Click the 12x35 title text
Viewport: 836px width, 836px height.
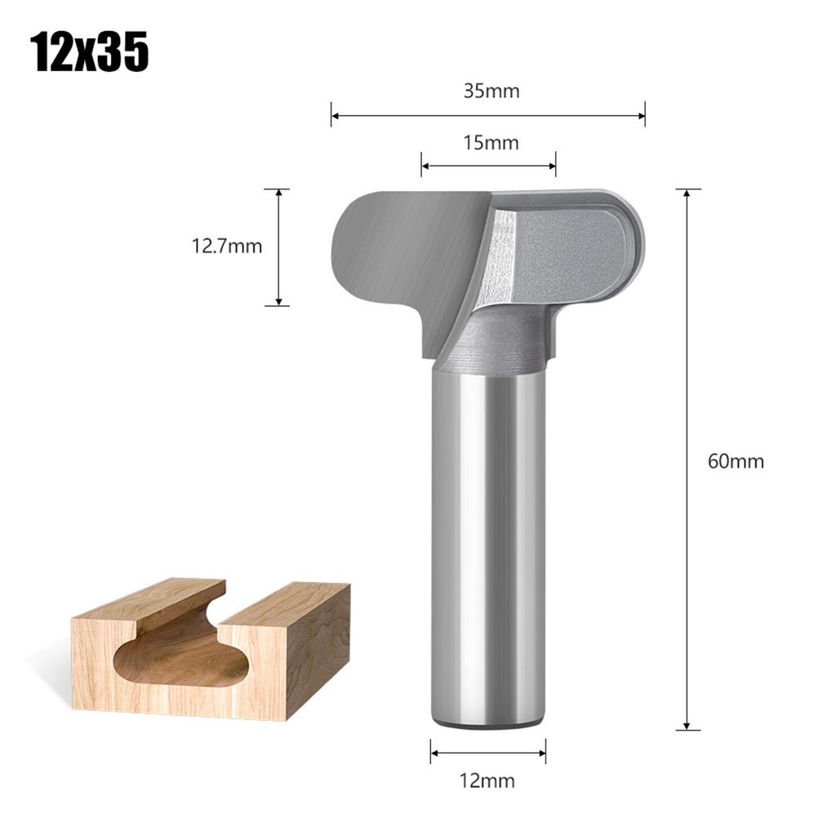[90, 53]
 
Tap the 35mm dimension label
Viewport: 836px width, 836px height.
[491, 91]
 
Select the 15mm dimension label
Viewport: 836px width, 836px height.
[491, 143]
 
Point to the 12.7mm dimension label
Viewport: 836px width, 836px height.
[227, 246]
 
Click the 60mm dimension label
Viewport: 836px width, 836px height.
[736, 461]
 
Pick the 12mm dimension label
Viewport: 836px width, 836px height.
[487, 780]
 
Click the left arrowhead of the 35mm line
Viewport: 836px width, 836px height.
[335, 115]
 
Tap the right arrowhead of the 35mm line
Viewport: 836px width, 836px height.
[642, 115]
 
